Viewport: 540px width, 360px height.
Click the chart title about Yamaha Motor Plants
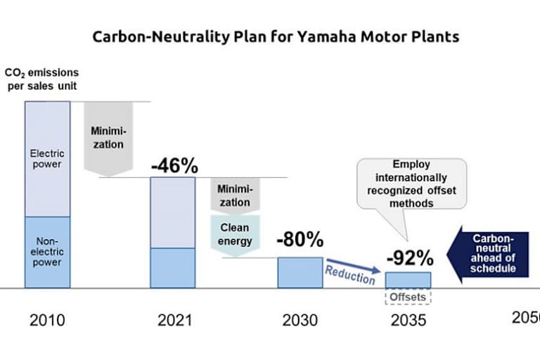click(x=276, y=37)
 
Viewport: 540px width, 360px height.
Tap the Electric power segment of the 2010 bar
click(x=48, y=158)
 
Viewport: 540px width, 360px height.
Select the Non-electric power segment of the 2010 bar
click(x=48, y=252)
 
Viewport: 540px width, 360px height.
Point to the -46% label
click(x=174, y=167)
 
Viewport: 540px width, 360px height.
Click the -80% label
click(x=300, y=240)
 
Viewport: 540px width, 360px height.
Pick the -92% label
click(x=408, y=256)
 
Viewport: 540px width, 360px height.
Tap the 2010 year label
click(x=47, y=321)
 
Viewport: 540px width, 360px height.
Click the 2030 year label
click(x=300, y=321)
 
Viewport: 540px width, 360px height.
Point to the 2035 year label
click(x=408, y=321)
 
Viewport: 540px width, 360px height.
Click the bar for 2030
click(x=300, y=273)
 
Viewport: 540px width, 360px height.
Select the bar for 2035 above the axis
click(x=408, y=280)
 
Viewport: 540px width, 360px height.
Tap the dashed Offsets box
click(x=408, y=297)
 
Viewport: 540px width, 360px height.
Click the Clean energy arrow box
click(x=235, y=234)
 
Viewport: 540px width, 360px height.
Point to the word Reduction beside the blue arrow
click(x=349, y=274)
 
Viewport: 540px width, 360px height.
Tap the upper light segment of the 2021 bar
click(x=173, y=212)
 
